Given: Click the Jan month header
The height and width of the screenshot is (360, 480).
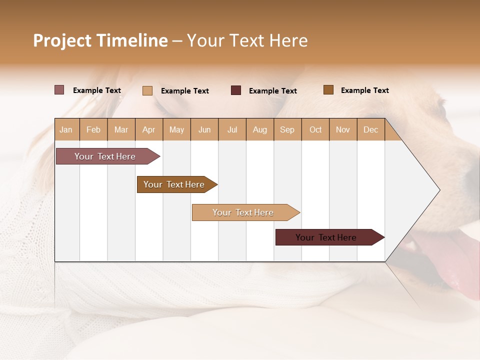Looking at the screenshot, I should click(x=66, y=129).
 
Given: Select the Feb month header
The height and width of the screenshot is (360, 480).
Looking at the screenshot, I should click(x=93, y=129).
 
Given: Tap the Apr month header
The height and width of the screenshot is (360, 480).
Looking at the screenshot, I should click(x=149, y=129).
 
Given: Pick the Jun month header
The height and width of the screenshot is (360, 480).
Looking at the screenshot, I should click(x=204, y=129).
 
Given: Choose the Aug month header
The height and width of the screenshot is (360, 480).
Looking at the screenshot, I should click(x=260, y=129).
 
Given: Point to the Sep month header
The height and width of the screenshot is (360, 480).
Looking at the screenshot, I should click(x=287, y=129).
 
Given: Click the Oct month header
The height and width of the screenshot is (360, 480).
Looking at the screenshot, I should click(x=315, y=129).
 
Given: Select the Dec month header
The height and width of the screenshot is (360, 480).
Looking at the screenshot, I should click(x=371, y=129).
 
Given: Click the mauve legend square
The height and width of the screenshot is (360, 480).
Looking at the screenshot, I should click(x=59, y=90).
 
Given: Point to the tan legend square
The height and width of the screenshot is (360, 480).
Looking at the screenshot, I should click(x=147, y=90).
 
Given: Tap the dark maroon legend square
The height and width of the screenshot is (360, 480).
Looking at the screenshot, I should click(x=236, y=90).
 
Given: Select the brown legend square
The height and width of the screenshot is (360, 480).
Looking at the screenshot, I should click(x=328, y=90).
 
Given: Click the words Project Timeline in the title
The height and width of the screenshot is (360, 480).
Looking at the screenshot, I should click(x=100, y=40).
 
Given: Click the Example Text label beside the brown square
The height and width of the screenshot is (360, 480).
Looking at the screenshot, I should click(x=364, y=90).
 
